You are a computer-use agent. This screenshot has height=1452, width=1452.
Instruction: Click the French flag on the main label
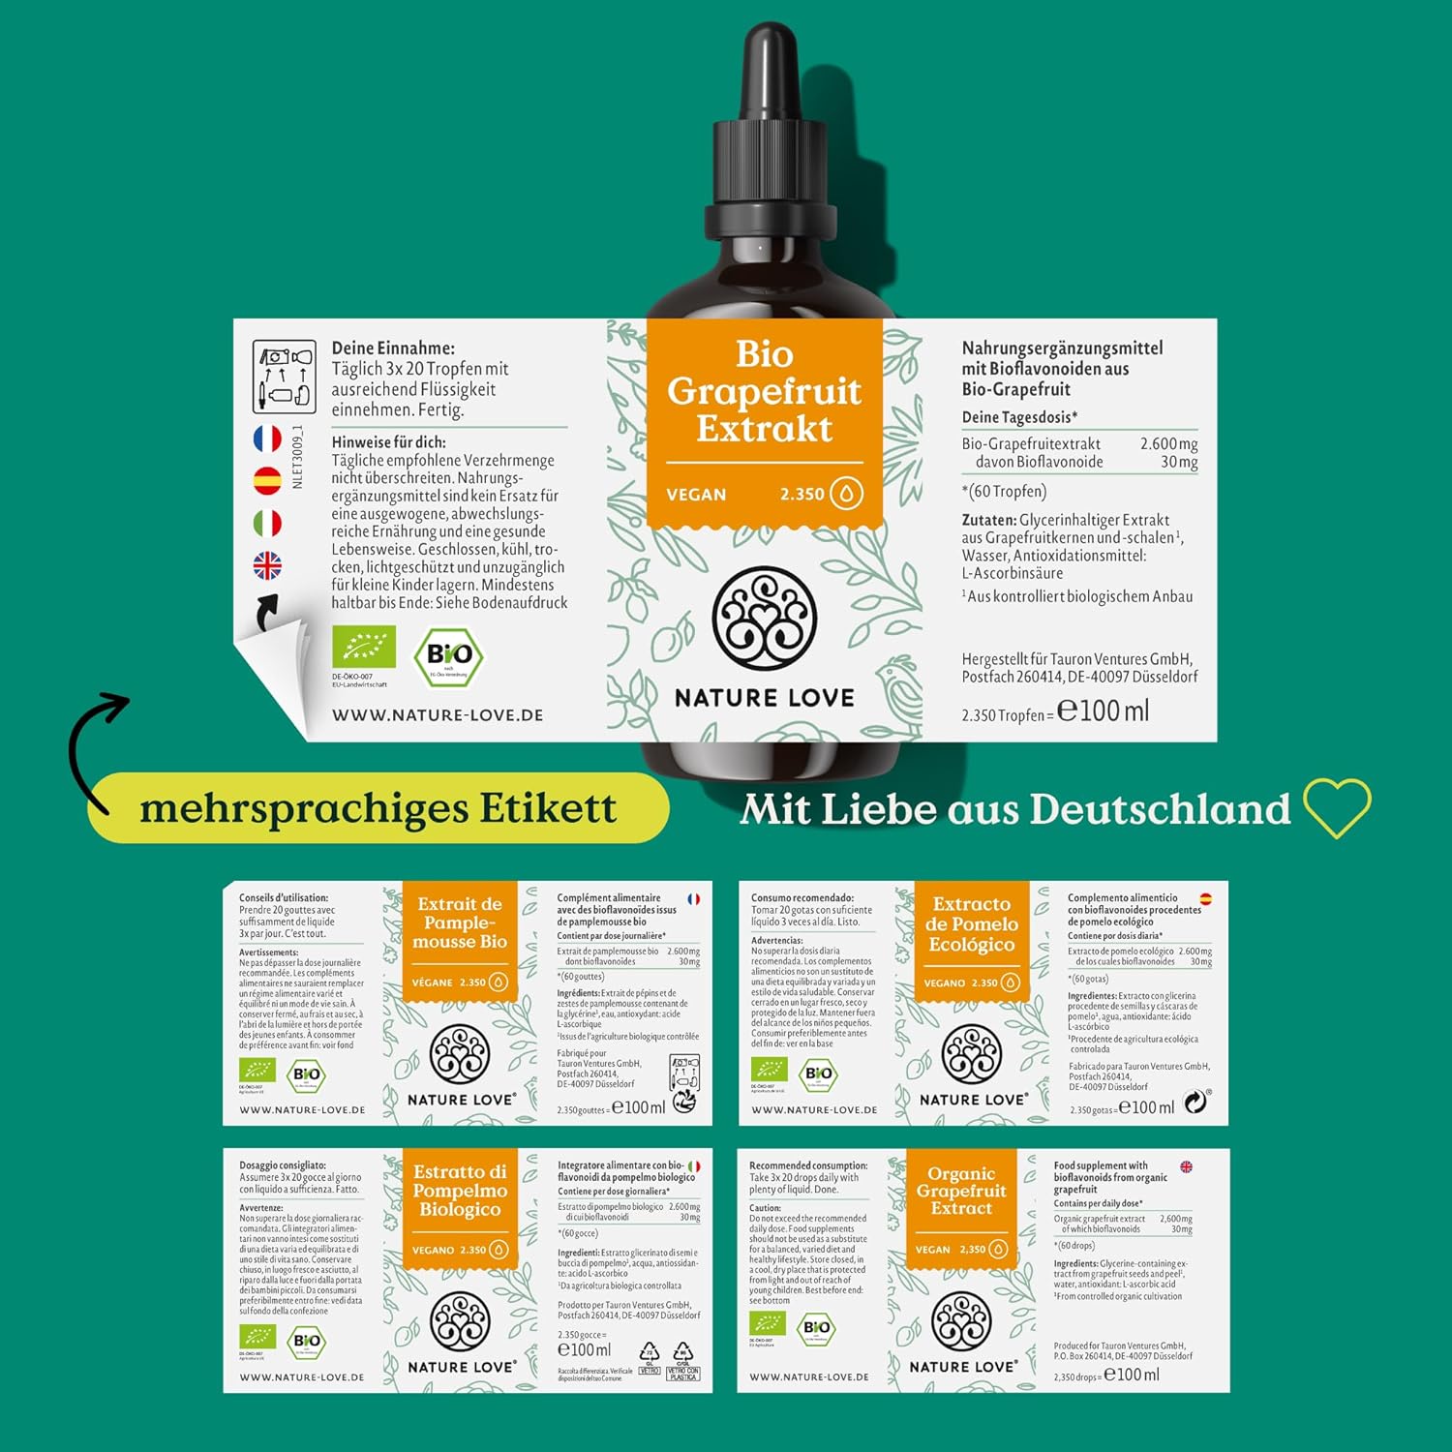pos(267,439)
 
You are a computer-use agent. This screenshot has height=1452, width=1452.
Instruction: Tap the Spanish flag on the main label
pos(267,480)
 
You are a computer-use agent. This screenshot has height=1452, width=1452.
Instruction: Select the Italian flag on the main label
pos(267,524)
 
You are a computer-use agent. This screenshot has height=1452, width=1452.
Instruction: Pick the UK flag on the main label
pos(267,565)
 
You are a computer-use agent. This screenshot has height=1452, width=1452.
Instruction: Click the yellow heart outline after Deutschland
pos(1337,807)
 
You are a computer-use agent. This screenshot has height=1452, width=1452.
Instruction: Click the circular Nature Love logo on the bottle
pos(765,619)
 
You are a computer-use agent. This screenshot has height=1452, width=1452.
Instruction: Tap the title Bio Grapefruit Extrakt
pos(764,391)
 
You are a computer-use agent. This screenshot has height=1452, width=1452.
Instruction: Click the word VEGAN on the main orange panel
pos(696,495)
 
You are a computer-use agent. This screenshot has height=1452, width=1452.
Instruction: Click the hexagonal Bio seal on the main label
pos(449,656)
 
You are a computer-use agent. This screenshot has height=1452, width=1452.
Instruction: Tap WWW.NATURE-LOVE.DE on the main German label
pos(438,715)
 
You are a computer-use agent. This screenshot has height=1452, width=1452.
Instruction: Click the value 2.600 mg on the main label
pos(1168,444)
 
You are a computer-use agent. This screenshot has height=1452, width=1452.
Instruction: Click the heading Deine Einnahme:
pos(393,348)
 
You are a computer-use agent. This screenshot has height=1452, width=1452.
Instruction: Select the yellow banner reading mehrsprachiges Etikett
pos(378,808)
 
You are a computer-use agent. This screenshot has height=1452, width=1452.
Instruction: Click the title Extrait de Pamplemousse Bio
pos(460,923)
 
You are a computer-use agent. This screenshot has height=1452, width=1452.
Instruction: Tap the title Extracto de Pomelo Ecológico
pos(972,924)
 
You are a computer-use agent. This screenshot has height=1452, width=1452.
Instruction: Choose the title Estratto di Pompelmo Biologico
pos(460,1191)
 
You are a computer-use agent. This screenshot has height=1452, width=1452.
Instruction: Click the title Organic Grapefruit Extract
pos(961,1191)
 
